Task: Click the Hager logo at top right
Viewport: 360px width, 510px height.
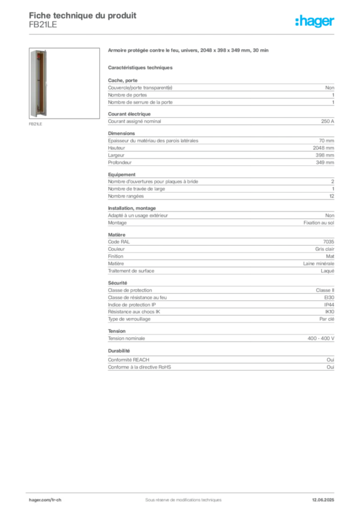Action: (315, 21)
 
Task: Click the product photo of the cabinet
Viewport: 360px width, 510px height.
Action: (39, 83)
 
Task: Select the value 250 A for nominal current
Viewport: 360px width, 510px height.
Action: (328, 122)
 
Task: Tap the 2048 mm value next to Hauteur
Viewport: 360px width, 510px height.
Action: (323, 148)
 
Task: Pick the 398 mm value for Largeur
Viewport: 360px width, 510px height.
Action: (325, 155)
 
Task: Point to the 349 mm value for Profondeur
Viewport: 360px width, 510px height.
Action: (325, 162)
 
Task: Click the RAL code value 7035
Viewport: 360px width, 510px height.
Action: (329, 242)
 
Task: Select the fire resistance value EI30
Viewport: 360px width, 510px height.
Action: (329, 297)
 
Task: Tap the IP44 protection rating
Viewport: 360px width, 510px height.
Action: (329, 305)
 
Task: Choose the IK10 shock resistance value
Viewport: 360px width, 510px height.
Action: (330, 312)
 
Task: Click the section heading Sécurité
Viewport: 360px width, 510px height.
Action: (117, 283)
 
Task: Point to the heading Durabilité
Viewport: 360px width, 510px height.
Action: (119, 351)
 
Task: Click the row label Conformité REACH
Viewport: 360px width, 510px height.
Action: (129, 360)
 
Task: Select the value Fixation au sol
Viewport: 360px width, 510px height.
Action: (319, 223)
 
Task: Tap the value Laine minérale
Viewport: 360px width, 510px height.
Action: (319, 263)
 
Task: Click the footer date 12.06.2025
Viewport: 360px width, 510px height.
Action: (323, 500)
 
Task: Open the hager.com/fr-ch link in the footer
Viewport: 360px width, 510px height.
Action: (45, 500)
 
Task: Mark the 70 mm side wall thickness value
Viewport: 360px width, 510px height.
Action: (326, 141)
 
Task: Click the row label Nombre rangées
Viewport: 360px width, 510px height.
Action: (126, 196)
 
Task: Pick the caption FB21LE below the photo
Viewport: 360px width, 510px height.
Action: (35, 124)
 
